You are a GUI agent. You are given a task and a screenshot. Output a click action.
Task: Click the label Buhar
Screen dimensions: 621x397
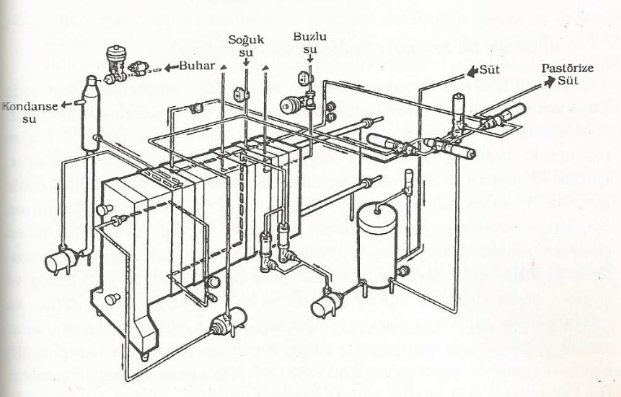(196, 66)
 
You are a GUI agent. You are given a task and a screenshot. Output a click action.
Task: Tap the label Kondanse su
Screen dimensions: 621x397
(30, 112)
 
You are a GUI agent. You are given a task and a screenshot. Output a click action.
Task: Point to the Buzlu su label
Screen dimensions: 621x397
(309, 43)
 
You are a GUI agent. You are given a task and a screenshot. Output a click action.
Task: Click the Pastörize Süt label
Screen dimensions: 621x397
(568, 74)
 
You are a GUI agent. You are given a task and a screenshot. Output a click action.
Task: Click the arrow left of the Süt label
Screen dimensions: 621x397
(472, 71)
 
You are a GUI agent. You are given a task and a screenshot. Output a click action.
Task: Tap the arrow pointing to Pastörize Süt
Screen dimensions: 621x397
(549, 82)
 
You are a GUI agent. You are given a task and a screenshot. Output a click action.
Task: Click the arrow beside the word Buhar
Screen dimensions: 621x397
(171, 67)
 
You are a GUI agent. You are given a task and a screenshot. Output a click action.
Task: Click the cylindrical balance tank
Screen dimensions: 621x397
(376, 245)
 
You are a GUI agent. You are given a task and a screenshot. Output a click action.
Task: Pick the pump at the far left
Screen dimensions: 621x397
(62, 260)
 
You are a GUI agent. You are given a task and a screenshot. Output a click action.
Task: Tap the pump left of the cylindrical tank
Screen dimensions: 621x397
(327, 303)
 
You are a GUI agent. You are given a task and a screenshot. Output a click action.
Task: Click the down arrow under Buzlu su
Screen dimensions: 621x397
(310, 58)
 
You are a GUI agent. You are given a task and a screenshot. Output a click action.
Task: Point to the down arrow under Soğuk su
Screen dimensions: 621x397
(247, 62)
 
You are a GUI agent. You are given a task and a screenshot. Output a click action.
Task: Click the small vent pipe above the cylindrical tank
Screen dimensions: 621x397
(408, 181)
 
